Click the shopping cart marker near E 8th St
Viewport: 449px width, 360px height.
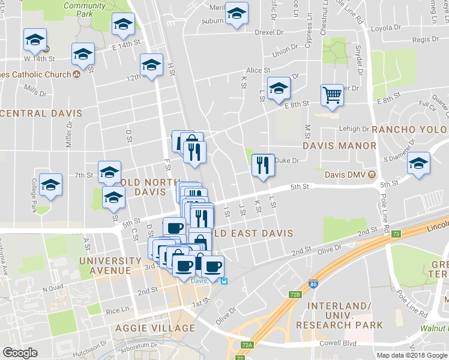[x=331, y=95]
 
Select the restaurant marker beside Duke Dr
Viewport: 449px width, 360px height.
[x=262, y=164]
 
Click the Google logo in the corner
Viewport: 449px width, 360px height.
[x=20, y=352]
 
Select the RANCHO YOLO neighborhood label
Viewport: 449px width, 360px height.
[x=410, y=129]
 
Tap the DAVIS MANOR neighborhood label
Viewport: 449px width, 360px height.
[x=339, y=145]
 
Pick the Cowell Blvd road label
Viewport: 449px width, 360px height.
[x=337, y=344]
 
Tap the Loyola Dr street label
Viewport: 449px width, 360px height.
[x=386, y=28]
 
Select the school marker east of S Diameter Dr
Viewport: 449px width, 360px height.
[x=418, y=164]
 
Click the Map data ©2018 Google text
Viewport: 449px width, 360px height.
[x=412, y=355]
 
